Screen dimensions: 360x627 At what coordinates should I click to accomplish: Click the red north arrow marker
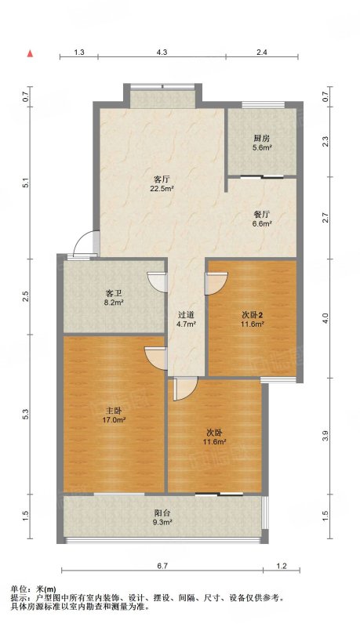coord(30,54)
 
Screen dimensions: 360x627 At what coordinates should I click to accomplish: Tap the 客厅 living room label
coord(160,179)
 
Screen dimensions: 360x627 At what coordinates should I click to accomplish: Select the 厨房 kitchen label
coord(262,139)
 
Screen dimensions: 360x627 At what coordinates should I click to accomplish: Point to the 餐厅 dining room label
coord(262,214)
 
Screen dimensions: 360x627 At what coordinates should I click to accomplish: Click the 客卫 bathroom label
coord(114,294)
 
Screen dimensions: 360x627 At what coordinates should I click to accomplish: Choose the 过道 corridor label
coord(187,316)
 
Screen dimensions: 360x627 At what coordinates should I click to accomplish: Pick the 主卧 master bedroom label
coord(114,411)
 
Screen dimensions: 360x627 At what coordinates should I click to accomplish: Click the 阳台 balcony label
coord(162,513)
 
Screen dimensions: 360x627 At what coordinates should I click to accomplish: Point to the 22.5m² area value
coord(162,188)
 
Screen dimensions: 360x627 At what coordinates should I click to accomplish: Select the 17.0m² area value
coord(114,420)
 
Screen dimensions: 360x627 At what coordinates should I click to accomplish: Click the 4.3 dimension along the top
coord(162,52)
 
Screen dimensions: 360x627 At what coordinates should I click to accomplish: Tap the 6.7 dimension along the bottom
coord(162,565)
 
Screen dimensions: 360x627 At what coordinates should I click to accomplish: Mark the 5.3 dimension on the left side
coord(27,415)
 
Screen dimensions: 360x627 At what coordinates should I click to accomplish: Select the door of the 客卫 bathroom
coord(156,282)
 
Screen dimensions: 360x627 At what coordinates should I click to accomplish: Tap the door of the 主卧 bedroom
coord(155,358)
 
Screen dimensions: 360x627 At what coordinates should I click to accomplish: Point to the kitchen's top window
coord(264,105)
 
